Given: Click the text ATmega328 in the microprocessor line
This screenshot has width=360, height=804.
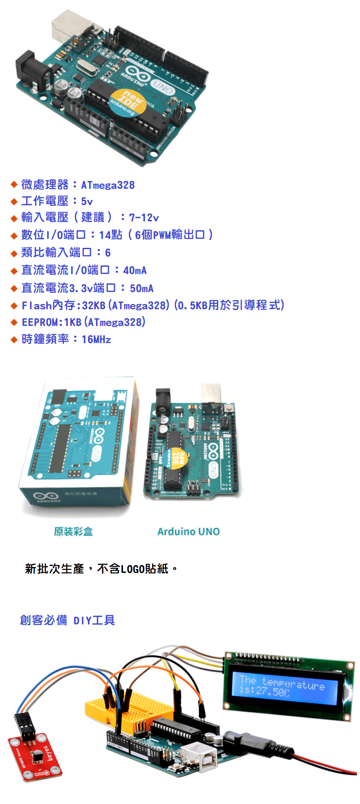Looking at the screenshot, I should (108, 185).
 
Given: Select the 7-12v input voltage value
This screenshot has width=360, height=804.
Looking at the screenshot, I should (144, 218).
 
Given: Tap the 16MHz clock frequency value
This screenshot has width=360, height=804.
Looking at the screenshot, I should (96, 340).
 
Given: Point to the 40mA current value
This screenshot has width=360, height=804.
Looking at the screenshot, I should (135, 271).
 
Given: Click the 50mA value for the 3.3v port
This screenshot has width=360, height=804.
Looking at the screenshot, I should (142, 289).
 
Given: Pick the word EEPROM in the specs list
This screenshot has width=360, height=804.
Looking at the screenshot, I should (40, 322).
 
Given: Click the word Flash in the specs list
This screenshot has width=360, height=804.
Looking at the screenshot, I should (37, 305).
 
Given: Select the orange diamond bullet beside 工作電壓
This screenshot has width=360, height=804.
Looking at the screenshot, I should (14, 202).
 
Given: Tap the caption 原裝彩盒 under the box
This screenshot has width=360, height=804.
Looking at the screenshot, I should (73, 532).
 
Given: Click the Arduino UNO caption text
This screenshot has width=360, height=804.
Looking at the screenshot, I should (189, 532).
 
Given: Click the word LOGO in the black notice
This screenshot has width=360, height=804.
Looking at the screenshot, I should (133, 569).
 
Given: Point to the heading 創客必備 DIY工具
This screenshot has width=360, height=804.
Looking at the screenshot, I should (68, 620).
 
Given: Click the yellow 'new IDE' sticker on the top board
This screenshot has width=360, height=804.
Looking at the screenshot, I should (128, 102).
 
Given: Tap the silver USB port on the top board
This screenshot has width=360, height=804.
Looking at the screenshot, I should (69, 26).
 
